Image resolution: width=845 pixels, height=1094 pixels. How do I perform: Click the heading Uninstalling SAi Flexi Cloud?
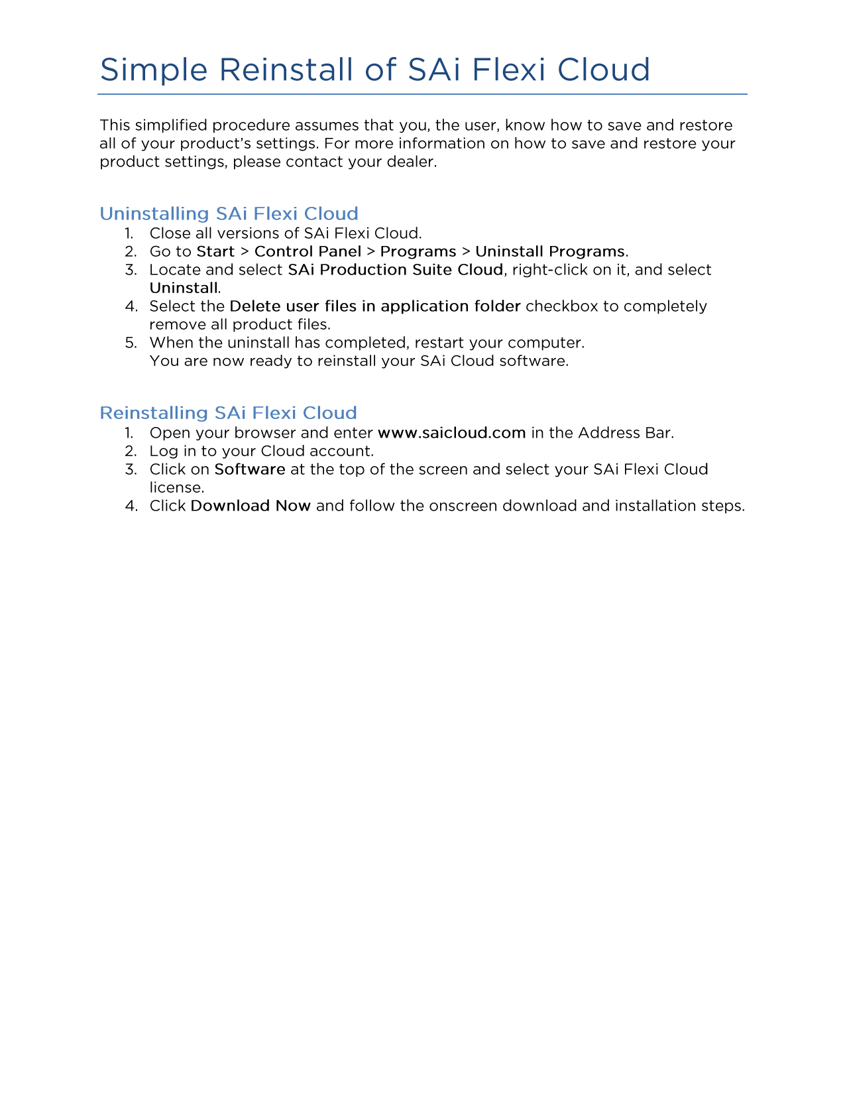tap(229, 213)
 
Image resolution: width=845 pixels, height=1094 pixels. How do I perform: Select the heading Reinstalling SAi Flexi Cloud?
tap(228, 413)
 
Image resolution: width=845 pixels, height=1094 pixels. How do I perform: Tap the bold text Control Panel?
tap(308, 252)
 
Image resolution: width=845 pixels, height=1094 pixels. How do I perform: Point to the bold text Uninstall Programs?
tap(549, 252)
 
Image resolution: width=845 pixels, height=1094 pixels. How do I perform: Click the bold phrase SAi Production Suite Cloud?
tap(395, 270)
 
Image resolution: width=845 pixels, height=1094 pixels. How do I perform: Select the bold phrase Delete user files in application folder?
tap(374, 306)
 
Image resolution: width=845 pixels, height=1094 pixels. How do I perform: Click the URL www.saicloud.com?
tap(451, 433)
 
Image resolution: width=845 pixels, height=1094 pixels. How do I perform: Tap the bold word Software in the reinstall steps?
tap(250, 469)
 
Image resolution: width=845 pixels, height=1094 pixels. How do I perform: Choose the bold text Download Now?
tap(250, 506)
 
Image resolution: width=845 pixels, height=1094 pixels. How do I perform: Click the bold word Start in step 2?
tap(215, 252)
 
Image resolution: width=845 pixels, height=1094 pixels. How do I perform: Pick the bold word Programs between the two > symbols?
tap(418, 252)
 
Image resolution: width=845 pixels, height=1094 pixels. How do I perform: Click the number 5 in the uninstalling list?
tap(131, 343)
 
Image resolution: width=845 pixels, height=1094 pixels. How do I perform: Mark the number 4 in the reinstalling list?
tap(131, 506)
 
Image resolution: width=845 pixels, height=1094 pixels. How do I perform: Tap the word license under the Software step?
tap(176, 488)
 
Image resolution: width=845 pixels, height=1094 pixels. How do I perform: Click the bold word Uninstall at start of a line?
tap(184, 288)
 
